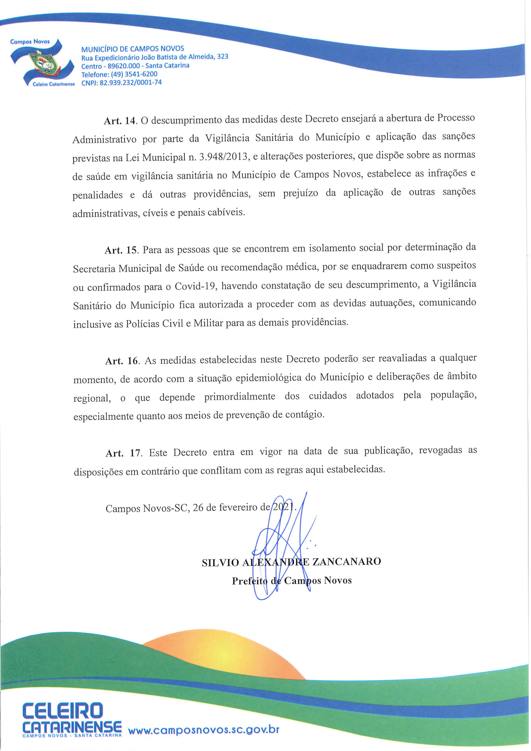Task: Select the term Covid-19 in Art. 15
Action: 195,287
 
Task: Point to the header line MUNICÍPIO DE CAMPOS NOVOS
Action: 133,49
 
